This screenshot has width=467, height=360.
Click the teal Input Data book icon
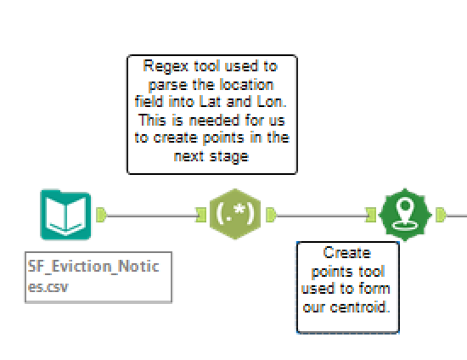(x=65, y=215)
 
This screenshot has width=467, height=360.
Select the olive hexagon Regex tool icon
(x=235, y=214)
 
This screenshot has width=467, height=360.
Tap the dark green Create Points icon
(x=405, y=215)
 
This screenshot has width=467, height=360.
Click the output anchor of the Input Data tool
(x=101, y=215)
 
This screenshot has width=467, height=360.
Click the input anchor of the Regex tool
(x=201, y=215)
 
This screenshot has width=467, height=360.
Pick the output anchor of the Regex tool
(x=271, y=215)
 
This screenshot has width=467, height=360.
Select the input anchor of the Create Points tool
(x=371, y=215)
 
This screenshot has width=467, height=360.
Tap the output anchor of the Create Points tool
(x=441, y=215)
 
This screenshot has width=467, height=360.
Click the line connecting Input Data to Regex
(x=151, y=216)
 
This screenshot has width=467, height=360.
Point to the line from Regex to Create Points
(x=321, y=216)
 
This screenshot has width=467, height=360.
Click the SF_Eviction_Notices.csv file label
(x=98, y=277)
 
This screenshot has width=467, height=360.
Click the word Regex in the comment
(x=166, y=67)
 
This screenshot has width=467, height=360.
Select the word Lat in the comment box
(x=211, y=102)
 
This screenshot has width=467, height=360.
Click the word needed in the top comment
(x=214, y=121)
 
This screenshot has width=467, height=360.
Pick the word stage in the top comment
(x=229, y=157)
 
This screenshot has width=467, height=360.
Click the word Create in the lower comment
(x=347, y=253)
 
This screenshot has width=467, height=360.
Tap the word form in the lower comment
(x=374, y=289)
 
